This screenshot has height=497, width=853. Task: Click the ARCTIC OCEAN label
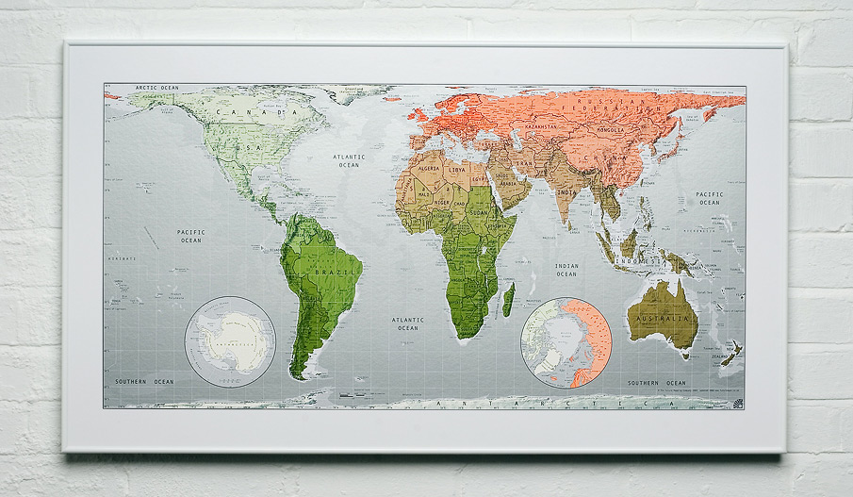156,88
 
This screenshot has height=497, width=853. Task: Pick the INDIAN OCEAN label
566,270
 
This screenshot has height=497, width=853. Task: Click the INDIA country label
566,192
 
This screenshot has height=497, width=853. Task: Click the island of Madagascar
509,300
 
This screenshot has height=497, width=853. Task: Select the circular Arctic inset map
566,343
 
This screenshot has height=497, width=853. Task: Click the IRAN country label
523,161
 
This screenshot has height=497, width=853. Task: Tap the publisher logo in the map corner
737,403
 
